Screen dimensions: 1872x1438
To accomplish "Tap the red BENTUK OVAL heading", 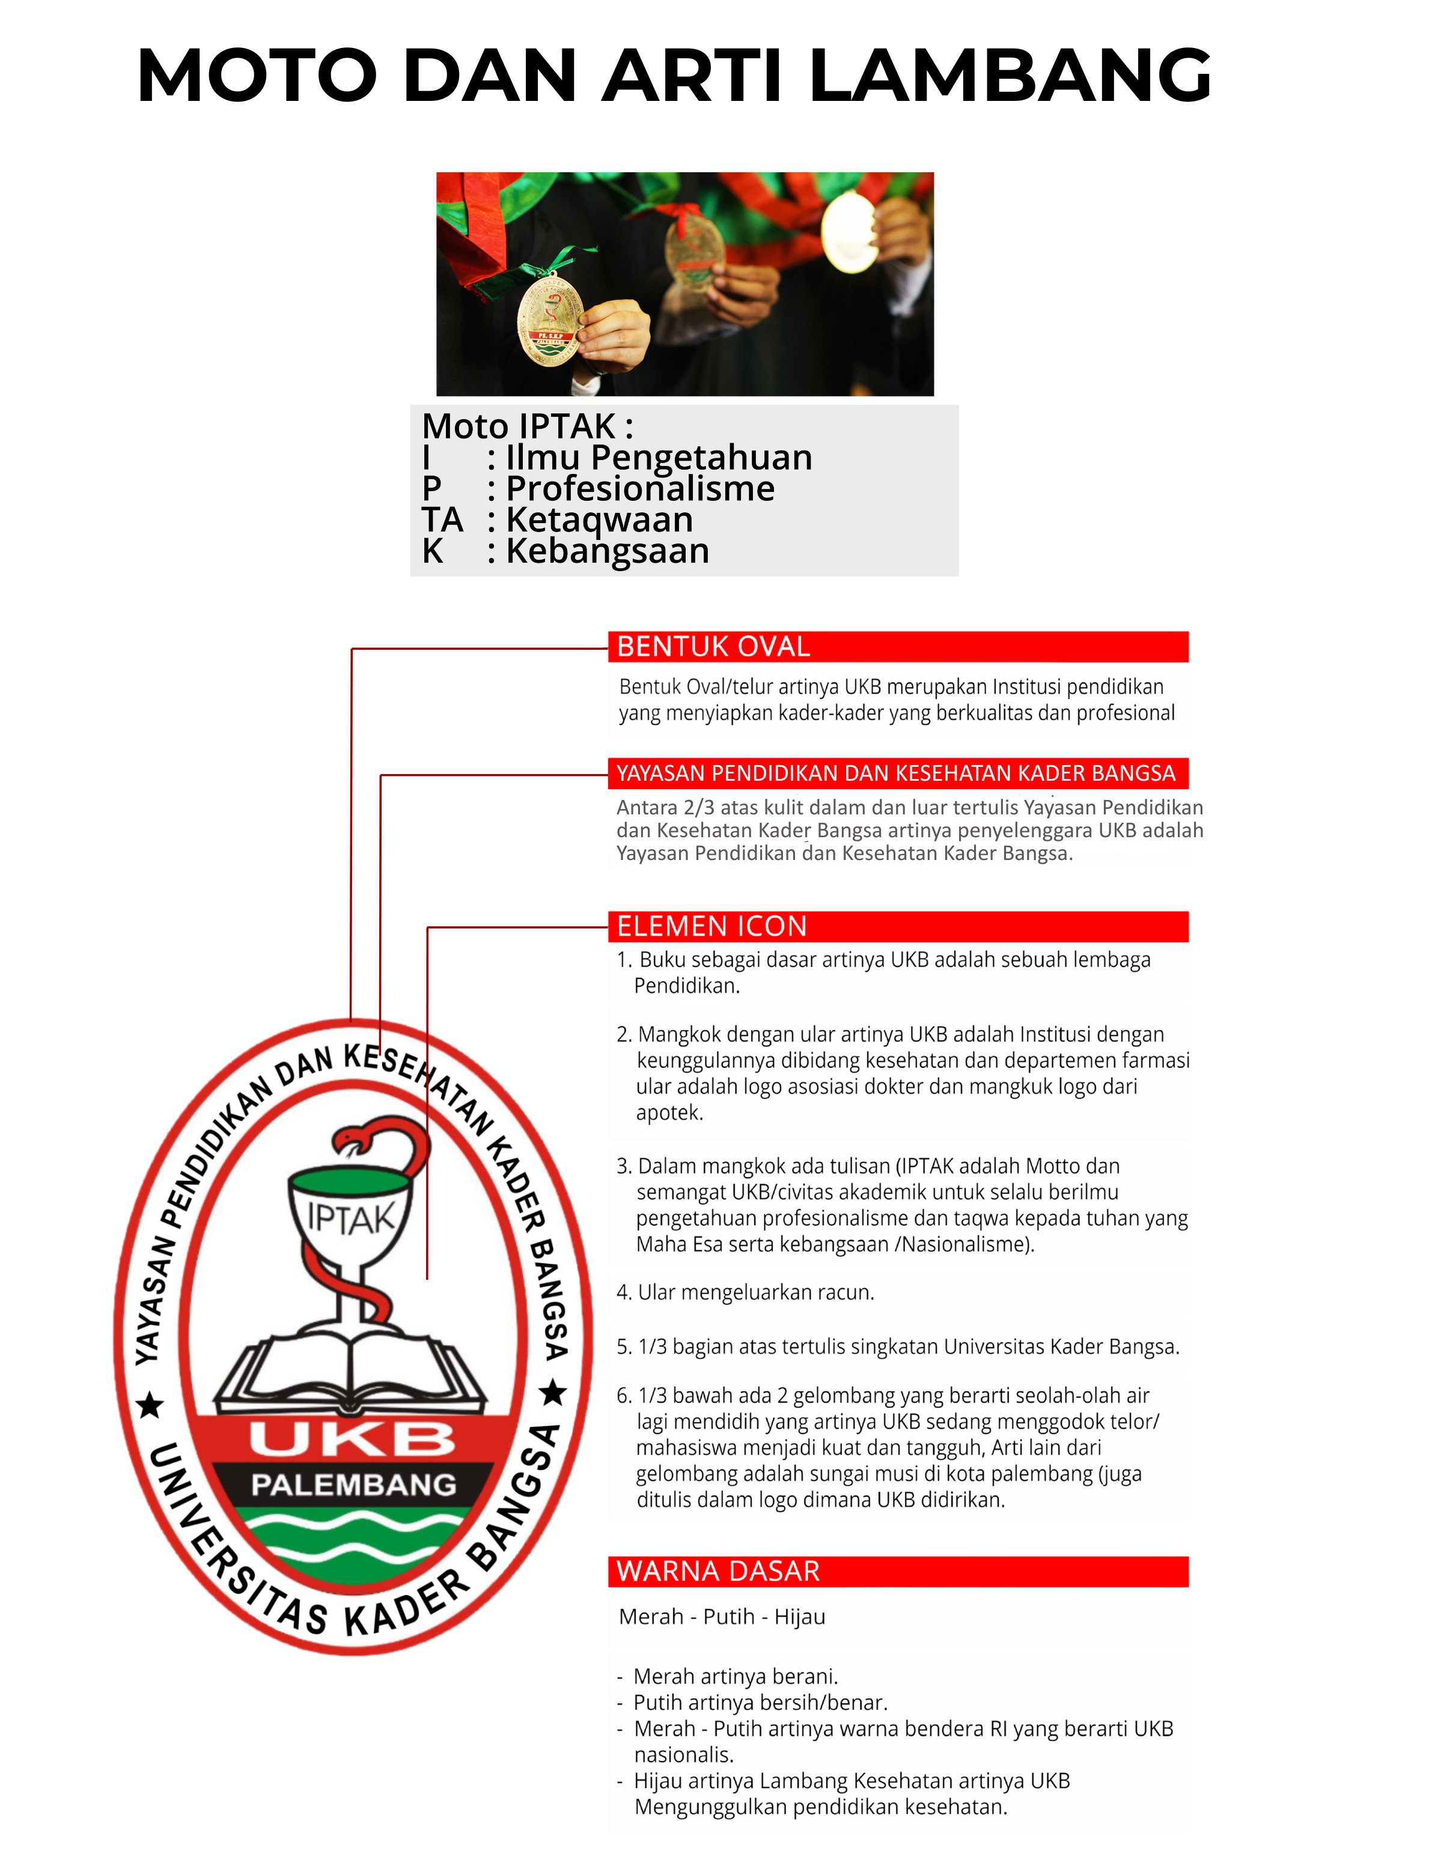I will (x=714, y=647).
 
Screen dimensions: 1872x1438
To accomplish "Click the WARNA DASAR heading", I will (x=718, y=1571).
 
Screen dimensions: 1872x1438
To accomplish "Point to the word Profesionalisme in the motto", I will (x=640, y=488).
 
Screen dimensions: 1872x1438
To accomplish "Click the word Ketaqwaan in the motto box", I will (x=599, y=519).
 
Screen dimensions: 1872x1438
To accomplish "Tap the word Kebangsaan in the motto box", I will (x=608, y=551).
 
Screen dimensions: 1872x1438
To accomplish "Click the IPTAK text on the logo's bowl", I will (x=351, y=1217).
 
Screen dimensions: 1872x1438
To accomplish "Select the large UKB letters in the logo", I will (x=352, y=1440).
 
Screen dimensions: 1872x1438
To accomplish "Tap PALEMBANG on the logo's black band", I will (x=353, y=1485).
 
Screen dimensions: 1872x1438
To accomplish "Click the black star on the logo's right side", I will (x=553, y=1393).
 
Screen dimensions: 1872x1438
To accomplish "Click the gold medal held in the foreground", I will (x=550, y=318).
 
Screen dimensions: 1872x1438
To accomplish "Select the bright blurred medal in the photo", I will (x=848, y=232).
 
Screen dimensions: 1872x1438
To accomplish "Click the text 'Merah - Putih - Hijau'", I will (x=722, y=1616).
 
